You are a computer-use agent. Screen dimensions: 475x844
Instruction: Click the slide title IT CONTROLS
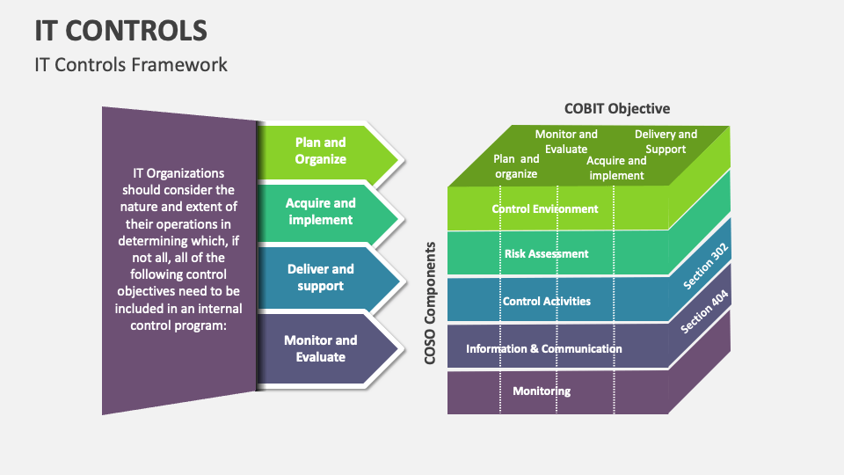pyautogui.click(x=121, y=30)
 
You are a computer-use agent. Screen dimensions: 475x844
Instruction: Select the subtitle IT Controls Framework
pyautogui.click(x=131, y=64)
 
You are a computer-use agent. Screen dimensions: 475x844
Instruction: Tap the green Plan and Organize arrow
pyautogui.click(x=321, y=151)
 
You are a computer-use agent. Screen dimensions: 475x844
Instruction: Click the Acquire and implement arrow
pyautogui.click(x=321, y=211)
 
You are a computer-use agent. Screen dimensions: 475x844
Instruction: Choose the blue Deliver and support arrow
pyautogui.click(x=321, y=278)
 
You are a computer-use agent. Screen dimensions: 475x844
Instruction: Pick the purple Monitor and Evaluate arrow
pyautogui.click(x=321, y=348)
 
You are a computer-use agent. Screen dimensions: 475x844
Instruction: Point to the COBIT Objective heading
pyautogui.click(x=616, y=108)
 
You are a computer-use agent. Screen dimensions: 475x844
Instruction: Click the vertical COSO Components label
pyautogui.click(x=431, y=303)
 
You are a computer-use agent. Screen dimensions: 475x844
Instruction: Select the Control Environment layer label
pyautogui.click(x=545, y=209)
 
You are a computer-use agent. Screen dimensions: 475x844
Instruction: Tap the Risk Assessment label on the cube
pyautogui.click(x=546, y=253)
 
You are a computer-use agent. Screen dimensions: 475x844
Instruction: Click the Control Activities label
pyautogui.click(x=546, y=301)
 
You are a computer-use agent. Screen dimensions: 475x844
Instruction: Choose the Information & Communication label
pyautogui.click(x=543, y=348)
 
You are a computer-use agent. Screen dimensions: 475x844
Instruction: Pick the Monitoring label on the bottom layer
pyautogui.click(x=542, y=391)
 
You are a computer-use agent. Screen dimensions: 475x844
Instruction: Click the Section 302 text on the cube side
pyautogui.click(x=706, y=267)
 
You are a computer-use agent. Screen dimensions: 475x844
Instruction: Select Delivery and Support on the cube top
pyautogui.click(x=666, y=141)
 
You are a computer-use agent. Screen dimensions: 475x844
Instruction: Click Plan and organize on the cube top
pyautogui.click(x=516, y=166)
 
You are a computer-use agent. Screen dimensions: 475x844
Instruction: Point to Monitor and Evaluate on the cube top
pyautogui.click(x=566, y=141)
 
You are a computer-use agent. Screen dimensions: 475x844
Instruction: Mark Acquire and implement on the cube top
pyautogui.click(x=616, y=167)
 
